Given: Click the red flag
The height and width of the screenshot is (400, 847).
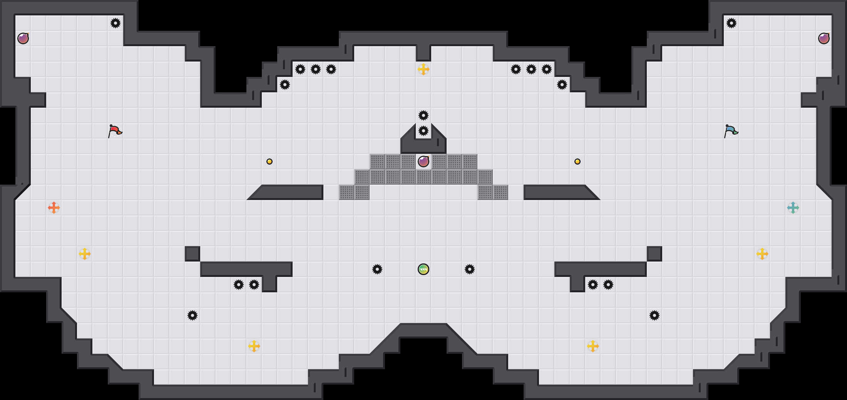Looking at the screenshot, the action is (x=115, y=131).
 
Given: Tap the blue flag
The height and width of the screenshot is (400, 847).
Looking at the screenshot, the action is (x=731, y=131).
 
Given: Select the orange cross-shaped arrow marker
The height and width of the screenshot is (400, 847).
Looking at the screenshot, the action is (x=54, y=208).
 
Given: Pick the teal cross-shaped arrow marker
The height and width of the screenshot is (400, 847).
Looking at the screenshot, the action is (x=793, y=208).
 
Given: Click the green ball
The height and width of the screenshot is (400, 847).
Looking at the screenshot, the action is (x=423, y=269).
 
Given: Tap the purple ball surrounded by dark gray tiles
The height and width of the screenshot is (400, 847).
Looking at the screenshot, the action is (x=423, y=162).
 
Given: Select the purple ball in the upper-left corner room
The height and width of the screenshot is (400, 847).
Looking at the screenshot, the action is (x=23, y=38).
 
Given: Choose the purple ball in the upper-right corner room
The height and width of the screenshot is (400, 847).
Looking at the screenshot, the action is (x=824, y=38).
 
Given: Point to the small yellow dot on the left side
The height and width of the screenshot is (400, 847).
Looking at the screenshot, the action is (x=269, y=162).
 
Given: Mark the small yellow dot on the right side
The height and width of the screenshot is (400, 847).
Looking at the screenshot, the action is (x=577, y=162).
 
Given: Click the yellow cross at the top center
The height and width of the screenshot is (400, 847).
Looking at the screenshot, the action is (x=423, y=69).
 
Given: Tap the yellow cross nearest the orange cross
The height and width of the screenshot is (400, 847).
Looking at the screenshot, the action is (x=85, y=254).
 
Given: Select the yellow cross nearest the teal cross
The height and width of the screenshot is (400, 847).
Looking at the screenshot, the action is (x=762, y=254).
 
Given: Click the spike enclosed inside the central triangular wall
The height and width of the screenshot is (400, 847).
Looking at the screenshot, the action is (x=423, y=131).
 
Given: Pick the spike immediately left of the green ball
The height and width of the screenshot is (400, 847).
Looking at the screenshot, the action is (x=377, y=269).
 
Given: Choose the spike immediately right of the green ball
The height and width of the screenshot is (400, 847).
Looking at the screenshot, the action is (x=470, y=269).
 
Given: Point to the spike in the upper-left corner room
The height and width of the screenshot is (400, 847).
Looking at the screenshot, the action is (x=115, y=23).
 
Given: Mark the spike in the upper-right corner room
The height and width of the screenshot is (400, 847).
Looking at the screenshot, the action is (x=731, y=23).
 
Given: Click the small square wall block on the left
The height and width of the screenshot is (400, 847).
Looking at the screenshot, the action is (x=192, y=254).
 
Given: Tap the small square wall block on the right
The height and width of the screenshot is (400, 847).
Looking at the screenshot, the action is (x=654, y=254).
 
